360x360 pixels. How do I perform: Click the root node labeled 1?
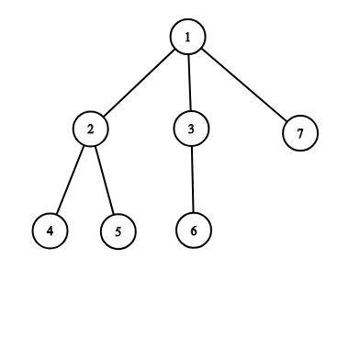[187, 37]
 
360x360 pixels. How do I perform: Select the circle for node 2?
[91, 129]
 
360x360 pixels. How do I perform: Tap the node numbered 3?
[191, 129]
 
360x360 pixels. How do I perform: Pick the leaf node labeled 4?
[51, 231]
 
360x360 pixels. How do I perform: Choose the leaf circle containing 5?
[118, 231]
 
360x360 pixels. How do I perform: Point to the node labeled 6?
[194, 231]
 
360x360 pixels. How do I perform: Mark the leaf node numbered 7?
[300, 133]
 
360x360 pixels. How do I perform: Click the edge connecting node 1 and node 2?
[140, 83]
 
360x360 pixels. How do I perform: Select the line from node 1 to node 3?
[189, 83]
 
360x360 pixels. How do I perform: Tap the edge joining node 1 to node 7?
[244, 84]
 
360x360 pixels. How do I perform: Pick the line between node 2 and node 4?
[70, 180]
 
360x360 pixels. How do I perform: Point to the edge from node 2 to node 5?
[105, 180]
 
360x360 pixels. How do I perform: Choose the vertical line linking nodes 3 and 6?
[193, 179]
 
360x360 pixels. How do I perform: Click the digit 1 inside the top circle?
[187, 37]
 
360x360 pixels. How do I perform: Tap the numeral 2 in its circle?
[90, 129]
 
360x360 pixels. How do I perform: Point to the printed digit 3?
[191, 129]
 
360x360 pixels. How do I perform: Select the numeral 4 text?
[51, 231]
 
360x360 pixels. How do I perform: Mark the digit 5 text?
[118, 231]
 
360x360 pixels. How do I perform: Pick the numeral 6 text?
[194, 231]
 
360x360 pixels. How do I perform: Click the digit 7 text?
[300, 133]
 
